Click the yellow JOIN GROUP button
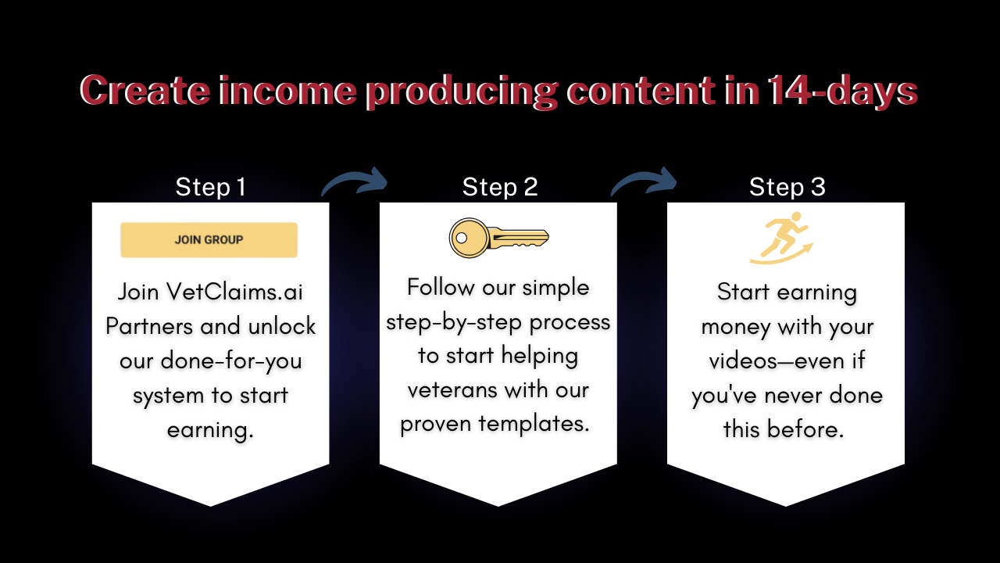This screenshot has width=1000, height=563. point(209,240)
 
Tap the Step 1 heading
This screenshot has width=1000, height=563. point(210,187)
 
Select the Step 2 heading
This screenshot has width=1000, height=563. point(500,187)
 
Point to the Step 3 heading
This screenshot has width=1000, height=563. point(787,187)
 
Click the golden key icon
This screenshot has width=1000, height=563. point(498,238)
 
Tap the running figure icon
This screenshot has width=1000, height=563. point(781,238)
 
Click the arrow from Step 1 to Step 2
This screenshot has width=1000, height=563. point(357,180)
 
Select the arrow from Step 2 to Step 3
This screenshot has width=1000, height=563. point(646,180)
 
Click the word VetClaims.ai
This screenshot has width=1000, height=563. point(234,292)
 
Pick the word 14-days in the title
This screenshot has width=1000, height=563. point(842,91)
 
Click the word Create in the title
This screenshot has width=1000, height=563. point(145,91)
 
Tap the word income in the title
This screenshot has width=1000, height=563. point(287,91)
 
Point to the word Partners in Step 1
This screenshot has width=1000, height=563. point(149,326)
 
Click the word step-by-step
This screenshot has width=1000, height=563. point(454,323)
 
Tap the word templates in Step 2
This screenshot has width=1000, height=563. point(534,424)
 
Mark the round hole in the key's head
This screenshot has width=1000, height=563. point(462,238)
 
